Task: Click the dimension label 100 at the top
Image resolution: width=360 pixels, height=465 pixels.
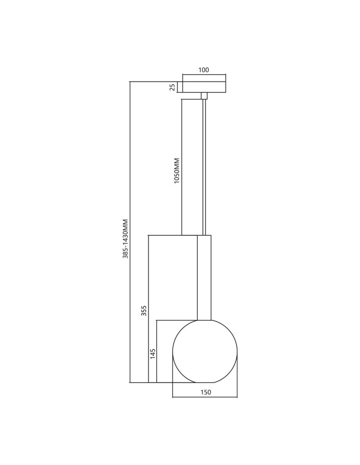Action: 204,70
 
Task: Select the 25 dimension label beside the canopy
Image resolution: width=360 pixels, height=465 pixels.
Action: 172,87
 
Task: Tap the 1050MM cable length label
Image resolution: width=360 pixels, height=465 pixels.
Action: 176,171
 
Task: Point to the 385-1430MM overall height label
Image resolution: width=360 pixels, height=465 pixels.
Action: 125,239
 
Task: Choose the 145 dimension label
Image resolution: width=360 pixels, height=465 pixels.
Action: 153,354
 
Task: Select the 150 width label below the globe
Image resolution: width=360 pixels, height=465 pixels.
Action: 206,392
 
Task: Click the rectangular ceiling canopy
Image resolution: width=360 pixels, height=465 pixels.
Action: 204,87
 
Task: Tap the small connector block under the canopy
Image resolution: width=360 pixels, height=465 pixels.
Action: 204,96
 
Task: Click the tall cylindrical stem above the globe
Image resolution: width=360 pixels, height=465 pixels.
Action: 205,277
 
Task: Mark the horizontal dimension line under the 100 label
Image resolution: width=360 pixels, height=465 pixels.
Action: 204,76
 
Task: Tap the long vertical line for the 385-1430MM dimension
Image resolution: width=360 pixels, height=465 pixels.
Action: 130,232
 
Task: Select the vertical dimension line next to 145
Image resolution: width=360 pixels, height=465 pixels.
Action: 157,351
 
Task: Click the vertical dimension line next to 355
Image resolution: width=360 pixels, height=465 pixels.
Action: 148,309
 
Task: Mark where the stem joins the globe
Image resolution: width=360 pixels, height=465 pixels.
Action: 205,319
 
